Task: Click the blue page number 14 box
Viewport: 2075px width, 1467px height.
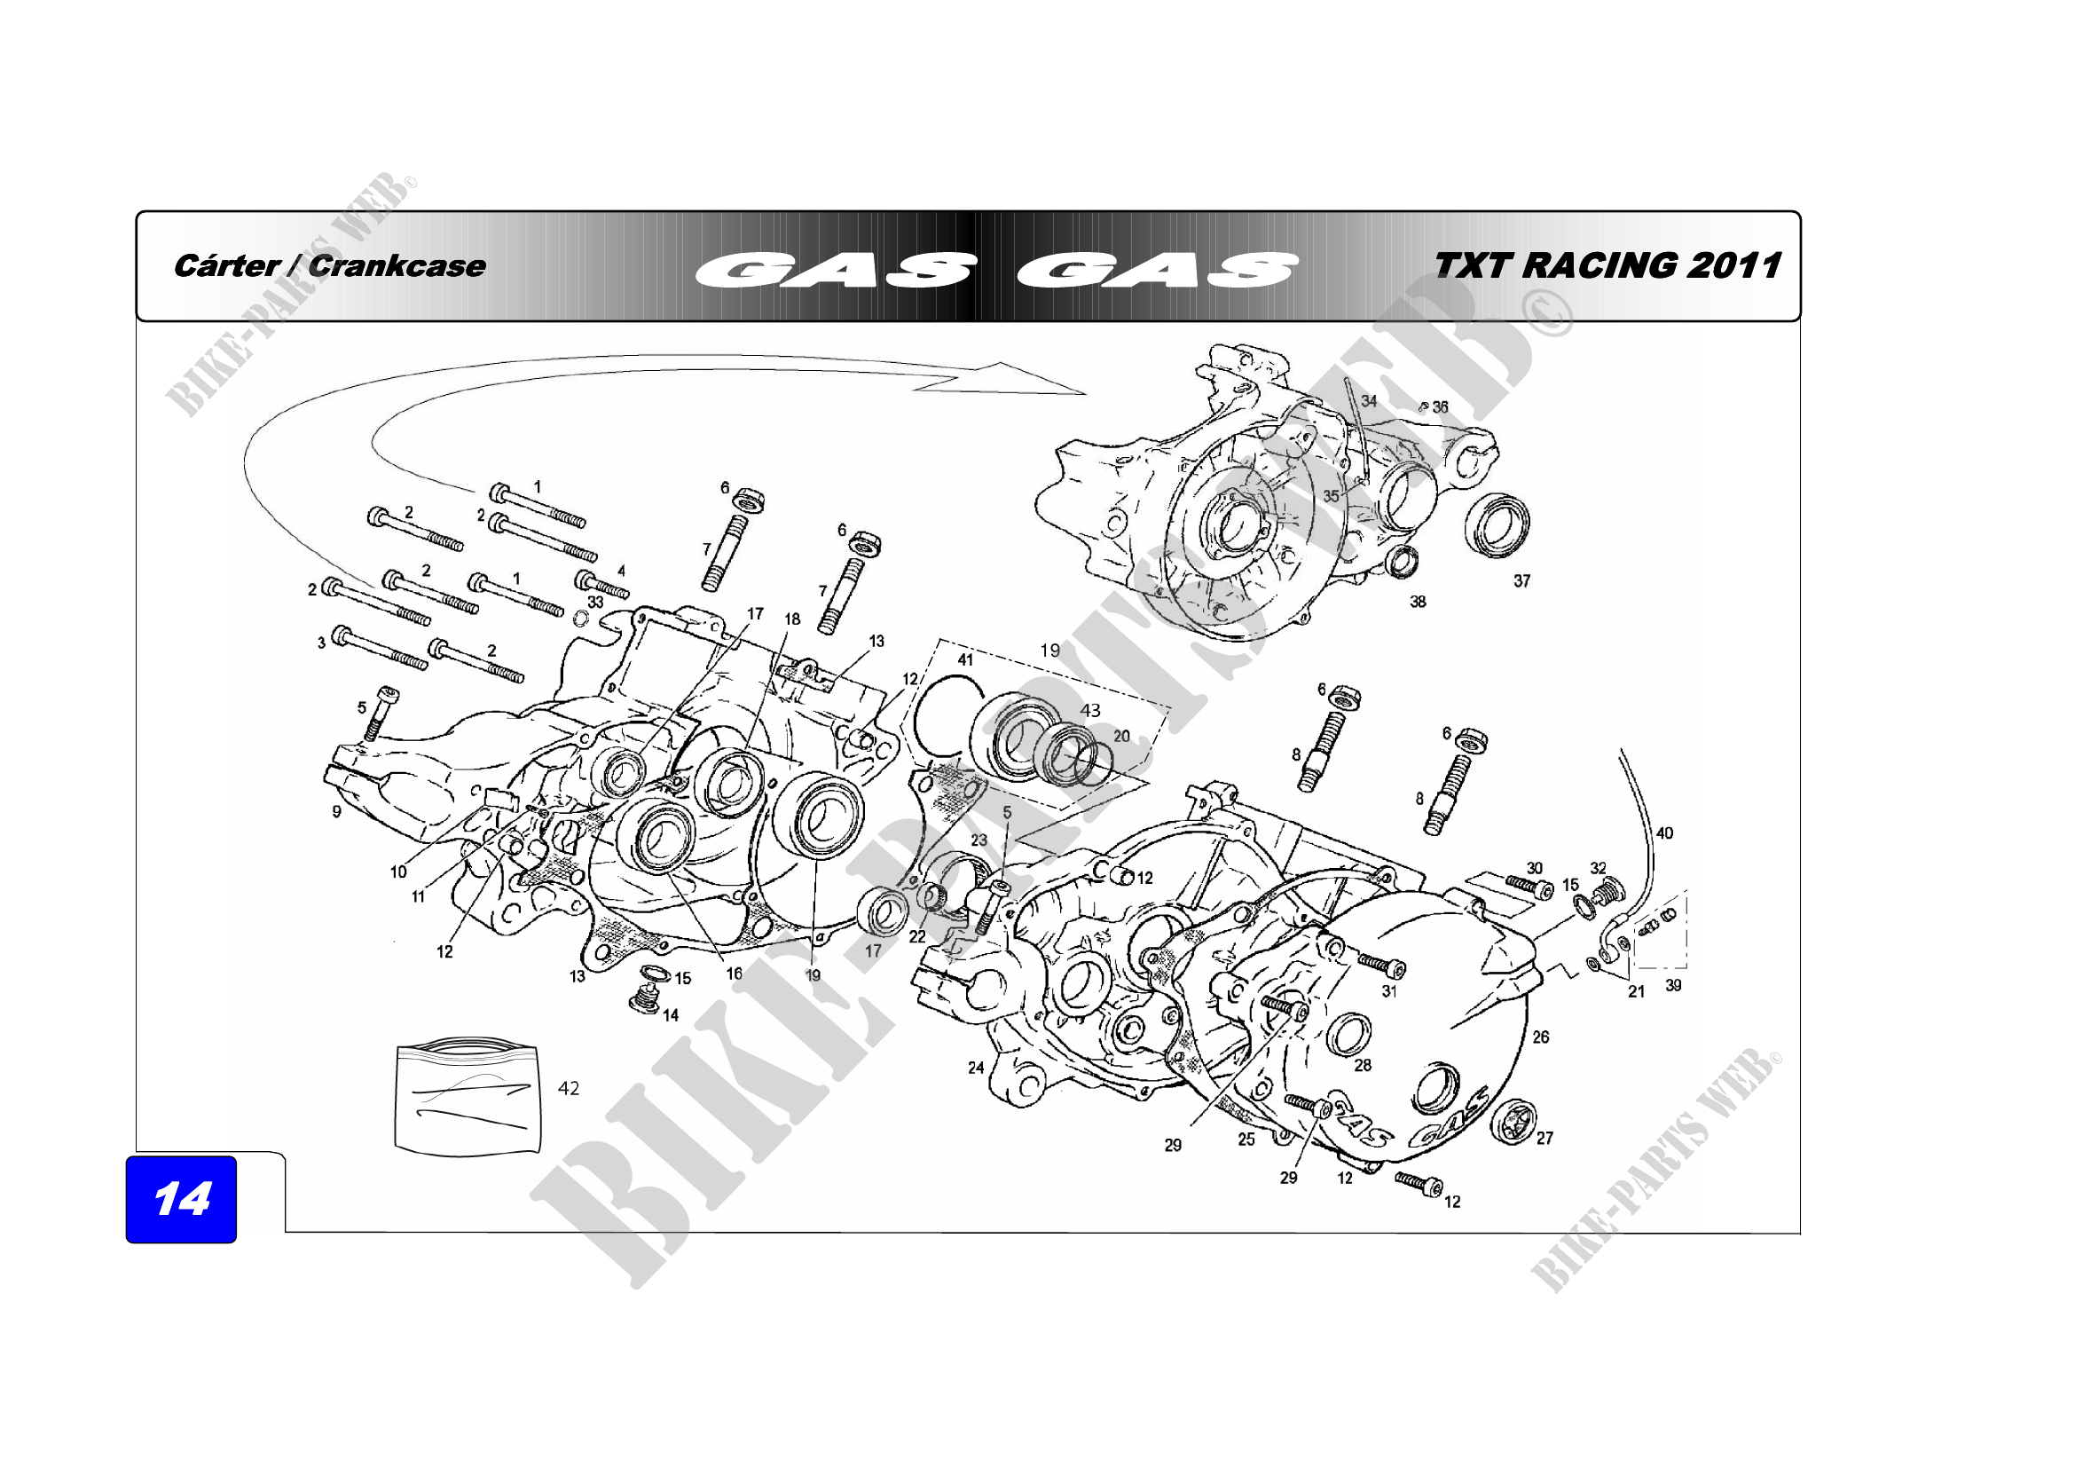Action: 181,1199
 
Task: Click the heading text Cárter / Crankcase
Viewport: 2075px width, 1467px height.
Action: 329,265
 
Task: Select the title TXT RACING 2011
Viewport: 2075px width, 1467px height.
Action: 1606,265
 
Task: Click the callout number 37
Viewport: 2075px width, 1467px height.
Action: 1522,581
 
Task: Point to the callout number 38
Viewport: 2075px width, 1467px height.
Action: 1418,601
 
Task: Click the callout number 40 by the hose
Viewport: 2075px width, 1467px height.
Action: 1663,832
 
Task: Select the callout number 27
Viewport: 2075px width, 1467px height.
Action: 1544,1138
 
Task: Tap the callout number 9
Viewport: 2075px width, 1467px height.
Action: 336,812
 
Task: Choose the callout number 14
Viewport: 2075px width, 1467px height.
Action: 671,1015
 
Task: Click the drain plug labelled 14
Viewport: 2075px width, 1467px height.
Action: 641,1000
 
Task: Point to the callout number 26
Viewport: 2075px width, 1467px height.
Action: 1540,1037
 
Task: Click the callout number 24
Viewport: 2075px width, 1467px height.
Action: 975,1068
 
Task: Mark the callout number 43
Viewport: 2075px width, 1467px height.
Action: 1090,711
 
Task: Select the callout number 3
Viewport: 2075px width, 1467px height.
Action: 321,643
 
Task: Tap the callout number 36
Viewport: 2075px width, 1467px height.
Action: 1440,407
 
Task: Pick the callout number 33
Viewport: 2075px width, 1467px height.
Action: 594,602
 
